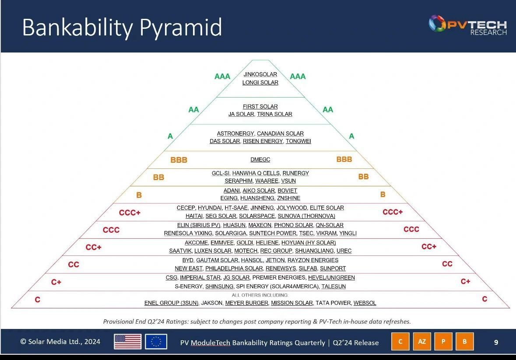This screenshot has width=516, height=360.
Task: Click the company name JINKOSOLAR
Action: tap(260, 74)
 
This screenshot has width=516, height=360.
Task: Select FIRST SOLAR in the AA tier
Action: tap(260, 106)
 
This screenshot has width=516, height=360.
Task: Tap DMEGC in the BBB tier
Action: tap(260, 160)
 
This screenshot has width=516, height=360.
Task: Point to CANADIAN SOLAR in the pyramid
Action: tap(280, 133)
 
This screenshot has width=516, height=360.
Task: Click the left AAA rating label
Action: tap(222, 77)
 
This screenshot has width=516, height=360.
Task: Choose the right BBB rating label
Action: tap(344, 159)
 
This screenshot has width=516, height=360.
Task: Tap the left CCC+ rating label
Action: tap(130, 213)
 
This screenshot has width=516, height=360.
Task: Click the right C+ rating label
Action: tap(465, 281)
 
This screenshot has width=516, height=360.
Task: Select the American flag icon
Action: tap(127, 342)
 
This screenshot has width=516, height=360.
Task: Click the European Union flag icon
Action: tap(156, 342)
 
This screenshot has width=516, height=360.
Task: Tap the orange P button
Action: tap(443, 342)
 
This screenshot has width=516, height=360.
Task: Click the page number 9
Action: tap(496, 342)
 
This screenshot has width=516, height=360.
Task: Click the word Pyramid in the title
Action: tap(181, 27)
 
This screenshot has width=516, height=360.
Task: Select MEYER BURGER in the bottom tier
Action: tap(246, 303)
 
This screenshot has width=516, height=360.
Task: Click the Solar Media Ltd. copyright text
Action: tap(60, 342)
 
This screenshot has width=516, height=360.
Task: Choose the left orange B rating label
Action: tap(139, 195)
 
